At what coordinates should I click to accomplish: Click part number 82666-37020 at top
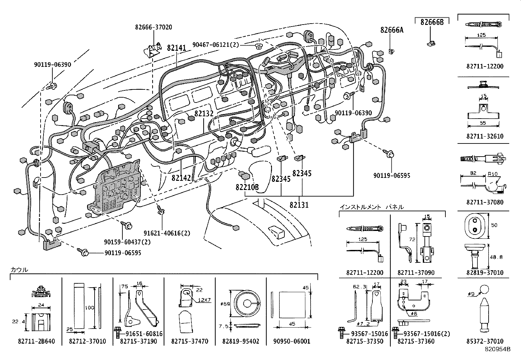point(153,27)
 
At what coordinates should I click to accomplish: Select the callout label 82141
point(176,48)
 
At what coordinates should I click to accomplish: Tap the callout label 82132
point(204,114)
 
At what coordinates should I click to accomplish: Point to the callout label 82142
point(181,178)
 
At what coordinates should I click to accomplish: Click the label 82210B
point(247,187)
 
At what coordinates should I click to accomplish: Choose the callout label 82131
point(299,205)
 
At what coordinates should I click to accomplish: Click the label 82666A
point(392,30)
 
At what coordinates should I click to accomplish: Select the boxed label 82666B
point(432,22)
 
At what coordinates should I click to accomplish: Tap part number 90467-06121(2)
point(216,45)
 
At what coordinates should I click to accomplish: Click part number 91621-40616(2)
point(167,233)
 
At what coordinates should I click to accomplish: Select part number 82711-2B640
point(36,341)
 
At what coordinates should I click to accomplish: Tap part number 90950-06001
point(292,341)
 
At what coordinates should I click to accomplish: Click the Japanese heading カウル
point(19,270)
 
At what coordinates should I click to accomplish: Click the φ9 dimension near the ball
point(471,294)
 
